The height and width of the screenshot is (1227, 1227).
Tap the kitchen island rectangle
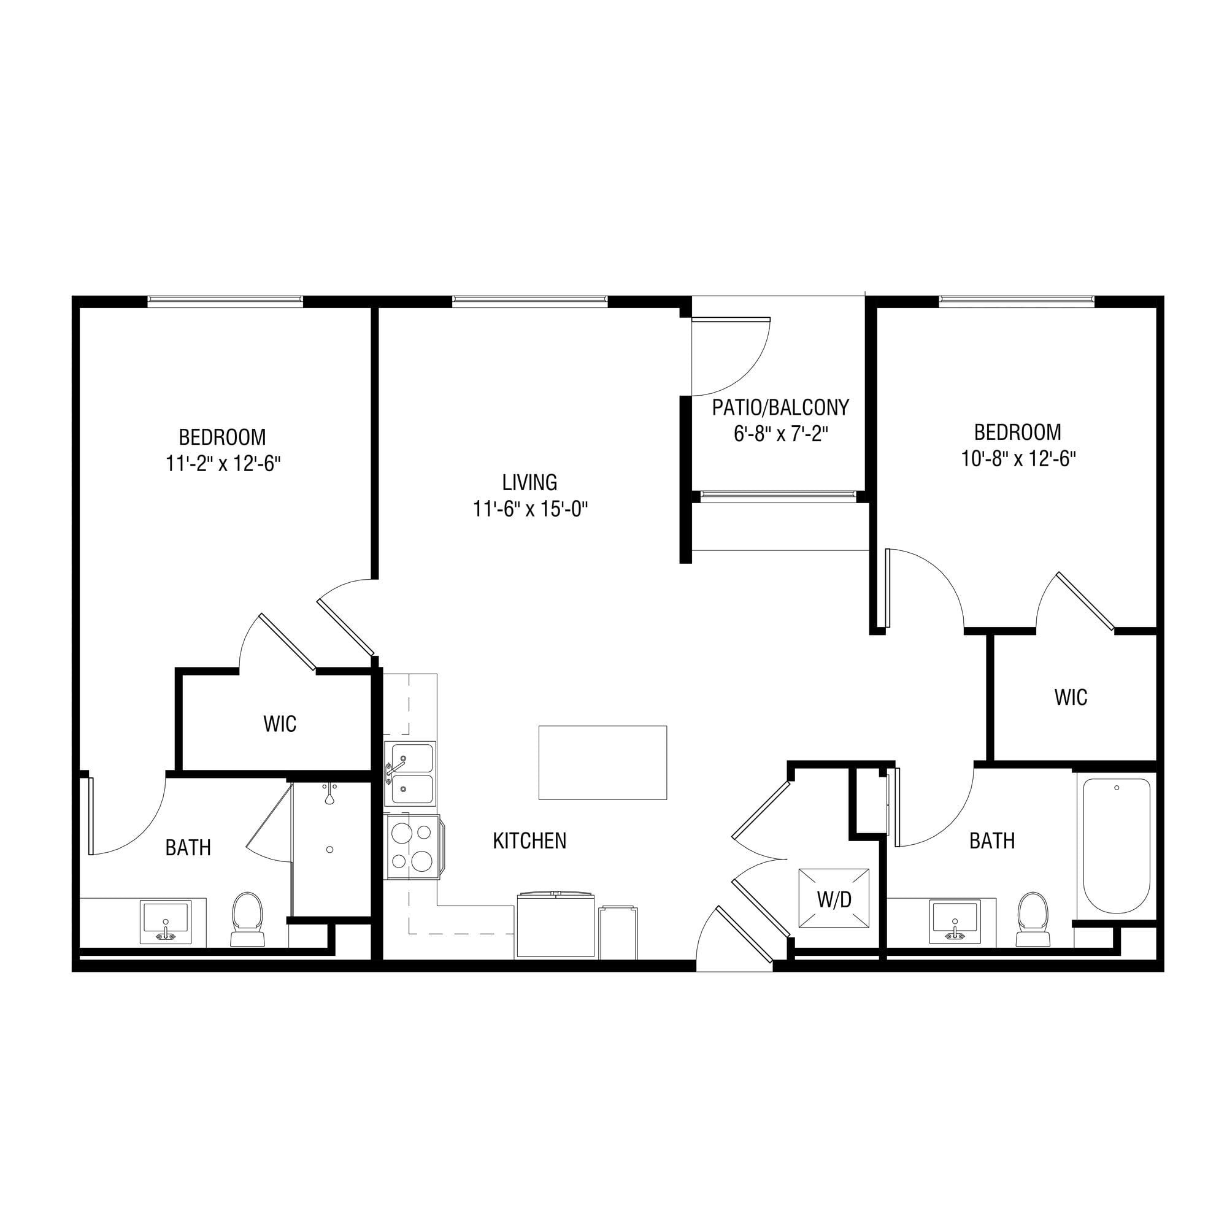click(602, 762)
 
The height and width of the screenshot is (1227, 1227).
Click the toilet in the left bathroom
click(247, 918)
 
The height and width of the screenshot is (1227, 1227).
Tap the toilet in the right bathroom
click(1033, 918)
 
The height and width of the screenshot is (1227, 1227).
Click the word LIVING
click(529, 483)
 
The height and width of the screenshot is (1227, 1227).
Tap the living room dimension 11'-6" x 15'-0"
click(530, 509)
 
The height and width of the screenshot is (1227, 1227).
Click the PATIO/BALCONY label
click(780, 407)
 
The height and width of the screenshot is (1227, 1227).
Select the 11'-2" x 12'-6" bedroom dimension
click(223, 464)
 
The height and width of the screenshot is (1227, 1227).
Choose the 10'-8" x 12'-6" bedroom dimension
click(1018, 458)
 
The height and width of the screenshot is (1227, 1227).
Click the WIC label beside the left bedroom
click(280, 724)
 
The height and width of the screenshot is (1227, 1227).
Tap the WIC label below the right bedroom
click(1071, 698)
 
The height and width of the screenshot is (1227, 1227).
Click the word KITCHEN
click(529, 841)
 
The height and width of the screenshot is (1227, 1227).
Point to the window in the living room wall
click(529, 301)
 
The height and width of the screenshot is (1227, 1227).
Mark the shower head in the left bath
click(329, 796)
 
